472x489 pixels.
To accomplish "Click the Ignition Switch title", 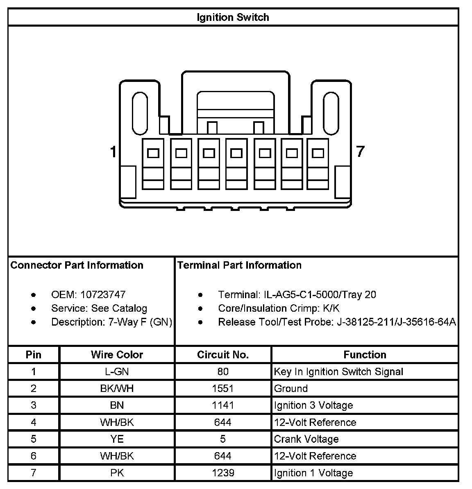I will click(233, 17).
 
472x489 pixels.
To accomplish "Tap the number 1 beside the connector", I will click(113, 152).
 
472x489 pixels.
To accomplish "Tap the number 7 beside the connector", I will click(360, 152).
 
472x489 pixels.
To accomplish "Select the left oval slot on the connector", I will click(140, 113).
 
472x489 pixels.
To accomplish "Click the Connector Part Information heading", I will click(77, 265).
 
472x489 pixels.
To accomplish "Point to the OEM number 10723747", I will click(103, 294).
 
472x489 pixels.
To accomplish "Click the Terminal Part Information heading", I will click(239, 265).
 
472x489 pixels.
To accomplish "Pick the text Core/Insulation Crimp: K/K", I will click(279, 308).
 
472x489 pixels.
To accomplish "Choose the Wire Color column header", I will click(117, 355).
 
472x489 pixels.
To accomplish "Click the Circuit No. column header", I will click(223, 355).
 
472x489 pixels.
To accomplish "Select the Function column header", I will click(365, 355).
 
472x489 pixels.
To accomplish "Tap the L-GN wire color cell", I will click(117, 371).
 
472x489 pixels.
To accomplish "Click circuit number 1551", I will click(223, 388).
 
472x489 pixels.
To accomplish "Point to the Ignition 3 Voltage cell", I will click(313, 405).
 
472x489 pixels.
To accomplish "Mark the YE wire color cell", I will click(117, 439).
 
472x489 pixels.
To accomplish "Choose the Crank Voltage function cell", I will click(306, 439).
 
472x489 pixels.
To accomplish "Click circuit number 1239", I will click(223, 473).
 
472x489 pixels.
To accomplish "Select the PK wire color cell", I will click(117, 473).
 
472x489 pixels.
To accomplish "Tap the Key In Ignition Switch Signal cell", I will click(338, 371).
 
